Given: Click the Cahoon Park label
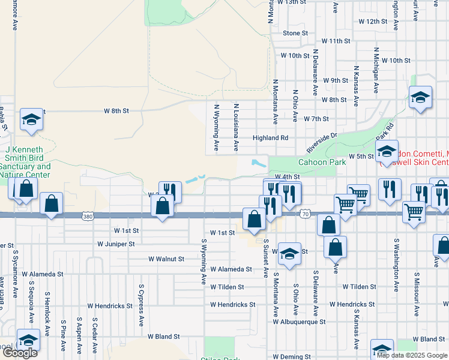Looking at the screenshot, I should pos(321,162).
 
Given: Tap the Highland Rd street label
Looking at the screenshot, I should pos(270,137).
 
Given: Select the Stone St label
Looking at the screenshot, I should pos(295,33).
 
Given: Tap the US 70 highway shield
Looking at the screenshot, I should pos(306,214).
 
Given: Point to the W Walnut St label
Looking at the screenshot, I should pos(166,259).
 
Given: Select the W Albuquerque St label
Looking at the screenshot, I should pos(299,322).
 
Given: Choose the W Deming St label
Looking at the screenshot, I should pos(291,356).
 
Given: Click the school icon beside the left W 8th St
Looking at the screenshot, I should pos(31,119).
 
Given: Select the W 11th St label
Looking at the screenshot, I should pos(336,41).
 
